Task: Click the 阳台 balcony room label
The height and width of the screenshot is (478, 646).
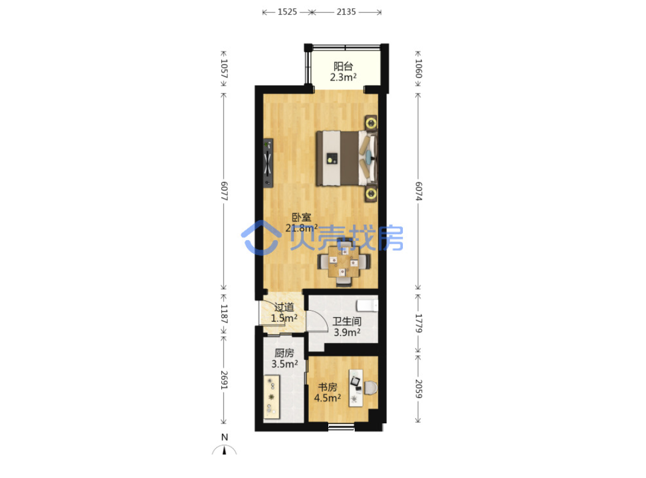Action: point(343,66)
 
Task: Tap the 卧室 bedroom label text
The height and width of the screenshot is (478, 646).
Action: point(302,217)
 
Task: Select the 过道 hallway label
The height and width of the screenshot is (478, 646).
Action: point(284,307)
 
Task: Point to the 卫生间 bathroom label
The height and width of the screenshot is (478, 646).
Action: point(347,321)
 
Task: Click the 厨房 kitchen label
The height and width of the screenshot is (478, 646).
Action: point(284,353)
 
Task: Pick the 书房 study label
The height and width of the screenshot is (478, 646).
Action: point(328,387)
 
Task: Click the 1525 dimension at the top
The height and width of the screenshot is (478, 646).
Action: point(287,12)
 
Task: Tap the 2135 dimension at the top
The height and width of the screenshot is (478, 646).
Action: point(346,12)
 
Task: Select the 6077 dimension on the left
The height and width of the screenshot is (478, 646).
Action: point(224,191)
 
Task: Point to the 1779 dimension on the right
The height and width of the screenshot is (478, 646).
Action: point(418,324)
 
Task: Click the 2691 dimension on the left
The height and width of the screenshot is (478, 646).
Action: point(224,380)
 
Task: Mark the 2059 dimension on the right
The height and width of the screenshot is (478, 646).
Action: point(418,389)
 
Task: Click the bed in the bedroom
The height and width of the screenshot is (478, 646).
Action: point(346,158)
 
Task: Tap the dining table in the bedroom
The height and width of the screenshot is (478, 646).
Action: point(344,261)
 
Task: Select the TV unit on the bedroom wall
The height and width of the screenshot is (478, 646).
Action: point(268,163)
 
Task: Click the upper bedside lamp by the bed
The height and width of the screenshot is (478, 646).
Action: point(371,122)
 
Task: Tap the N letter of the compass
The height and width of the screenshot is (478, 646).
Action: point(224,437)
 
